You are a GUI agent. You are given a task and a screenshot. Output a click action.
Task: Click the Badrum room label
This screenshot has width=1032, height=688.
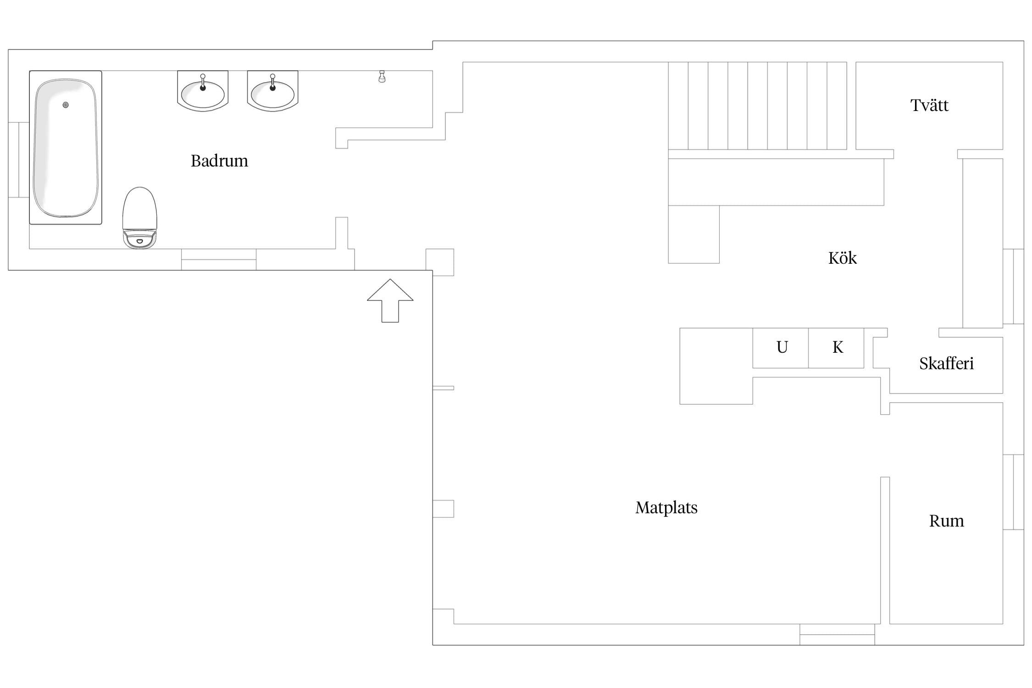[x=219, y=161]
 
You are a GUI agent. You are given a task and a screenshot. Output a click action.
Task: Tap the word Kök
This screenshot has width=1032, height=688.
[x=842, y=258]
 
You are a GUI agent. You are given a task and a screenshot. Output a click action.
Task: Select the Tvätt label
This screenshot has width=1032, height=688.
[x=929, y=105]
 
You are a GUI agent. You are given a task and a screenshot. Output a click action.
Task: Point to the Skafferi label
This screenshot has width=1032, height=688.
[x=946, y=363]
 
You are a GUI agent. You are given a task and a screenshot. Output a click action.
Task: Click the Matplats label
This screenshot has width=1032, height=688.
[x=666, y=508]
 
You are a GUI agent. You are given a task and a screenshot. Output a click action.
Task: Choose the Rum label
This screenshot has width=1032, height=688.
[x=946, y=521]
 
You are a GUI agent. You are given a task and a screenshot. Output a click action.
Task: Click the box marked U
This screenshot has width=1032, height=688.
[x=781, y=348]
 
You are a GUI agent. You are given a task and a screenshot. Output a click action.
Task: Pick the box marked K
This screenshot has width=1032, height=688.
[x=836, y=348]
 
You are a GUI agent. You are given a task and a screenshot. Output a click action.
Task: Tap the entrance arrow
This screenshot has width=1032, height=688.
[x=390, y=300]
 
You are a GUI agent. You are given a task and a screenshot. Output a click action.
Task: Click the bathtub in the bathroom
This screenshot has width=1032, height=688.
[x=66, y=148]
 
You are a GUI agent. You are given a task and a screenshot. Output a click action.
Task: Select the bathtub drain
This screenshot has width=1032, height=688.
[x=66, y=105]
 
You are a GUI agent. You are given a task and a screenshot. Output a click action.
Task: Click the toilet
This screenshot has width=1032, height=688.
[x=140, y=218]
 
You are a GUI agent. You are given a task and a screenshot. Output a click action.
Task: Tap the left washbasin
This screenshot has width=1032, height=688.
[x=203, y=91]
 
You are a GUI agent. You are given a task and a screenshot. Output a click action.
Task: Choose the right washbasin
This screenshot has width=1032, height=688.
[x=272, y=91]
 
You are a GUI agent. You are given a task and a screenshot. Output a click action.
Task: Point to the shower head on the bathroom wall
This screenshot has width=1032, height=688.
[x=382, y=77]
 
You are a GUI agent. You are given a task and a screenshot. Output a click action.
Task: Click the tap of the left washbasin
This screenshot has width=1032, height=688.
[x=203, y=82]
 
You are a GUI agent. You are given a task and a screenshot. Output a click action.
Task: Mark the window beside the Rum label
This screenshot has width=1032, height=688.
[x=1013, y=492]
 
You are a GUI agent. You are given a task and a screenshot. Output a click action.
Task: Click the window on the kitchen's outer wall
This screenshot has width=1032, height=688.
[x=1013, y=287]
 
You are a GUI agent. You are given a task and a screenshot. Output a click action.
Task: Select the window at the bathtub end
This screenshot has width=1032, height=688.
[x=19, y=160]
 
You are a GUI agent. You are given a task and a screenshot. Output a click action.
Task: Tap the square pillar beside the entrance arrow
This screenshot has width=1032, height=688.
[x=440, y=262]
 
